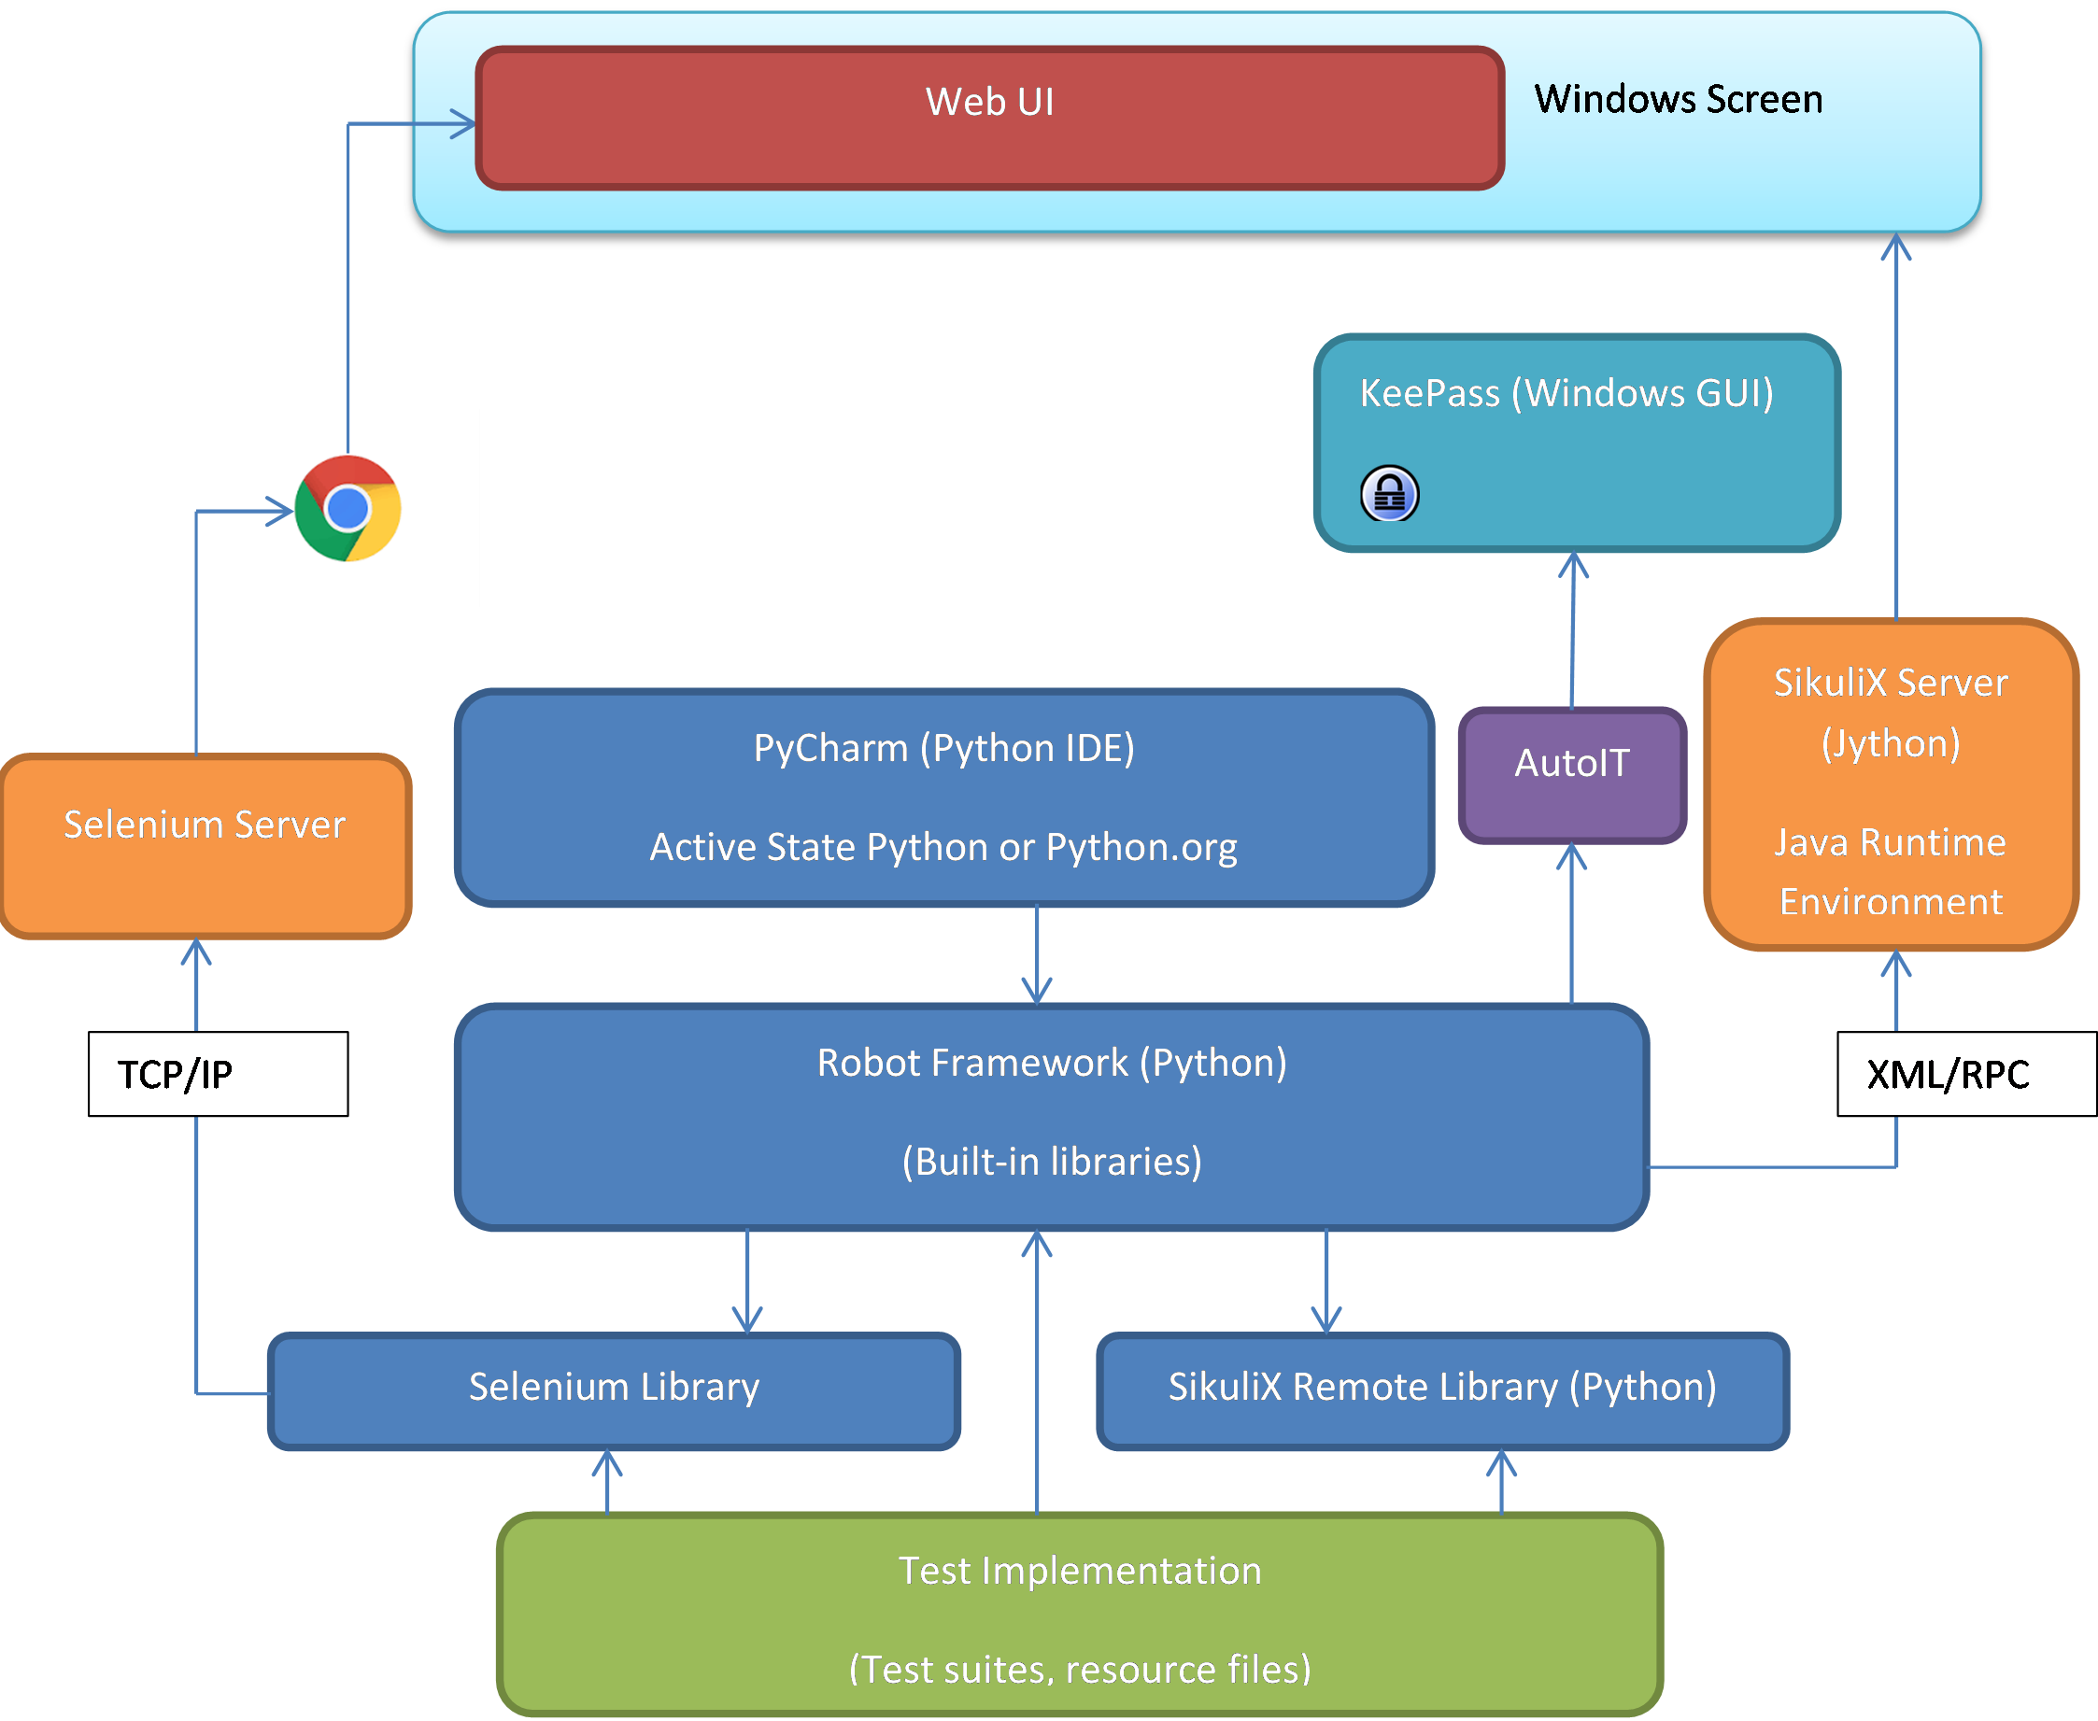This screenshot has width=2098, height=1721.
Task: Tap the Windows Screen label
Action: click(x=1678, y=99)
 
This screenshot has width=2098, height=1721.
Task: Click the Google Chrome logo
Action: click(x=348, y=509)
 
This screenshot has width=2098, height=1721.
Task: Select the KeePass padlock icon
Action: click(x=1389, y=494)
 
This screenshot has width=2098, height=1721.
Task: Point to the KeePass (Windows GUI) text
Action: click(x=1566, y=393)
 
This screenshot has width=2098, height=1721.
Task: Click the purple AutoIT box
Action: click(x=1572, y=774)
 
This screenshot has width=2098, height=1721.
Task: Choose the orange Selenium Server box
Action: click(x=206, y=846)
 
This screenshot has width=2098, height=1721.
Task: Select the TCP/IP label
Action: click(x=176, y=1075)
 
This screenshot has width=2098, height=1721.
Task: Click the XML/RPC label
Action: click(x=1948, y=1075)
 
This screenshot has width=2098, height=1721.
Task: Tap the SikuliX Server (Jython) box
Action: click(x=1891, y=783)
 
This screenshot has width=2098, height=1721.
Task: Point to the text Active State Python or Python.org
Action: click(x=943, y=848)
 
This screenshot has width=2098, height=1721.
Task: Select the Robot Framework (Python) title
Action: click(x=1052, y=1063)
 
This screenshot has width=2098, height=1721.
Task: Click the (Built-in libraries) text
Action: click(x=1052, y=1162)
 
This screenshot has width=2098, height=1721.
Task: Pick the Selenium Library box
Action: click(x=614, y=1389)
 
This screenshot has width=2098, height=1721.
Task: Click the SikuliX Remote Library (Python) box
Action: click(x=1442, y=1389)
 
